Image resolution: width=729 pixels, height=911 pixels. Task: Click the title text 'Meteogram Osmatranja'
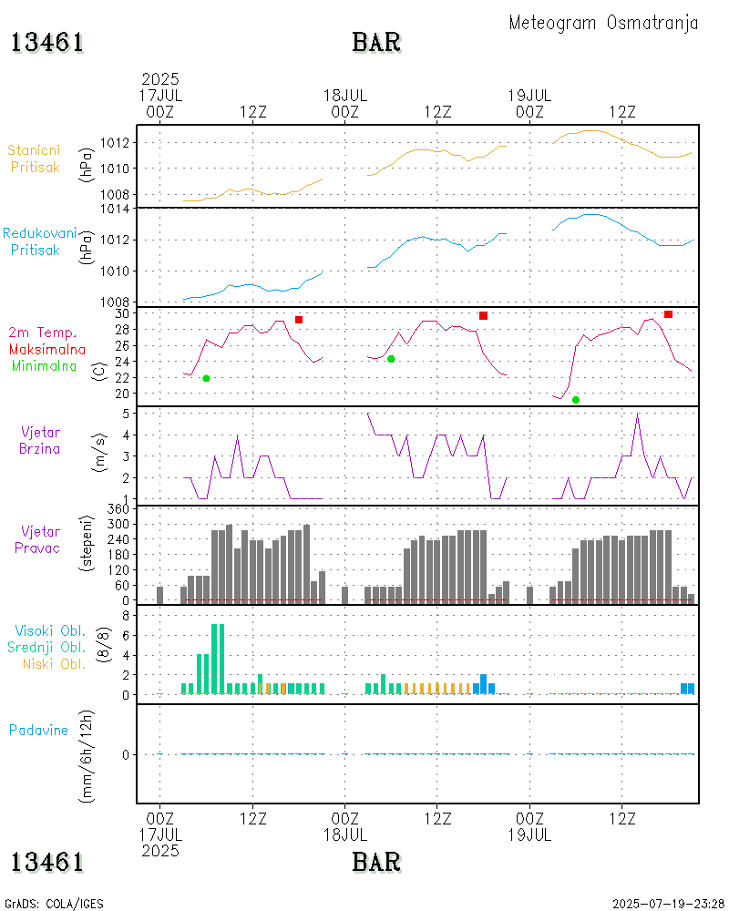[603, 23]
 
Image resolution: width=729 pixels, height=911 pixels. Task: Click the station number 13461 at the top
[47, 43]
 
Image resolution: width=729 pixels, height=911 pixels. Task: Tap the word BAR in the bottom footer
[376, 861]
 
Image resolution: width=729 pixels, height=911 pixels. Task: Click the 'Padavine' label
[38, 730]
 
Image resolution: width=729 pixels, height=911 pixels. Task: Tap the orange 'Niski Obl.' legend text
[51, 663]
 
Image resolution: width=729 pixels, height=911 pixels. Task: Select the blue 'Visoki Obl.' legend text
[50, 630]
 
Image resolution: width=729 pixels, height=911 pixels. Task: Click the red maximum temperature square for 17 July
[299, 320]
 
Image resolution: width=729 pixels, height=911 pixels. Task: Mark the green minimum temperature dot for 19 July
[576, 400]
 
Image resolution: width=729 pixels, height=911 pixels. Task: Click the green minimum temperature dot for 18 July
[391, 359]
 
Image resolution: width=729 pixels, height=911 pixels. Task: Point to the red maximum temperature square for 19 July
[668, 314]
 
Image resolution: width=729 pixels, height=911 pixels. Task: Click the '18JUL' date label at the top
[345, 95]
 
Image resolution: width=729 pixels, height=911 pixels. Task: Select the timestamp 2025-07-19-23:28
[668, 904]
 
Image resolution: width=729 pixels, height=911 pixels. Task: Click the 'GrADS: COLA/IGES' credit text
[54, 904]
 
